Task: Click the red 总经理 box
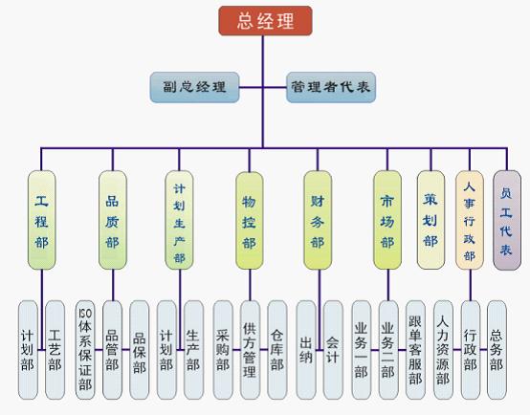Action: click(x=265, y=21)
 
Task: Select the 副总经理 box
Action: click(x=195, y=87)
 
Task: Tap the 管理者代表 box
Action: click(x=331, y=87)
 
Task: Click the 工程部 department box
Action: click(x=41, y=220)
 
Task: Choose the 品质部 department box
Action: click(x=113, y=220)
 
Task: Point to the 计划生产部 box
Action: click(x=179, y=220)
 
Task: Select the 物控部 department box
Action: click(x=250, y=221)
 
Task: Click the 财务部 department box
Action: click(x=318, y=220)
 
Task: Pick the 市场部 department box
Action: click(x=387, y=220)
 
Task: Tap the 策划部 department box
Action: click(x=431, y=220)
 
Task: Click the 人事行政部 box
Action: click(x=470, y=220)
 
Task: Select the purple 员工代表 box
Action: click(x=507, y=220)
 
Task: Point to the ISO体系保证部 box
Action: click(x=85, y=350)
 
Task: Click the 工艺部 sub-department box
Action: click(x=55, y=350)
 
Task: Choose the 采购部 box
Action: click(x=223, y=350)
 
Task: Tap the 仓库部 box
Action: click(x=277, y=350)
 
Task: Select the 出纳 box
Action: click(x=306, y=350)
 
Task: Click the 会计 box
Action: click(x=333, y=350)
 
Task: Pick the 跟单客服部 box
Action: click(x=415, y=350)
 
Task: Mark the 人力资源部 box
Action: click(x=443, y=350)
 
